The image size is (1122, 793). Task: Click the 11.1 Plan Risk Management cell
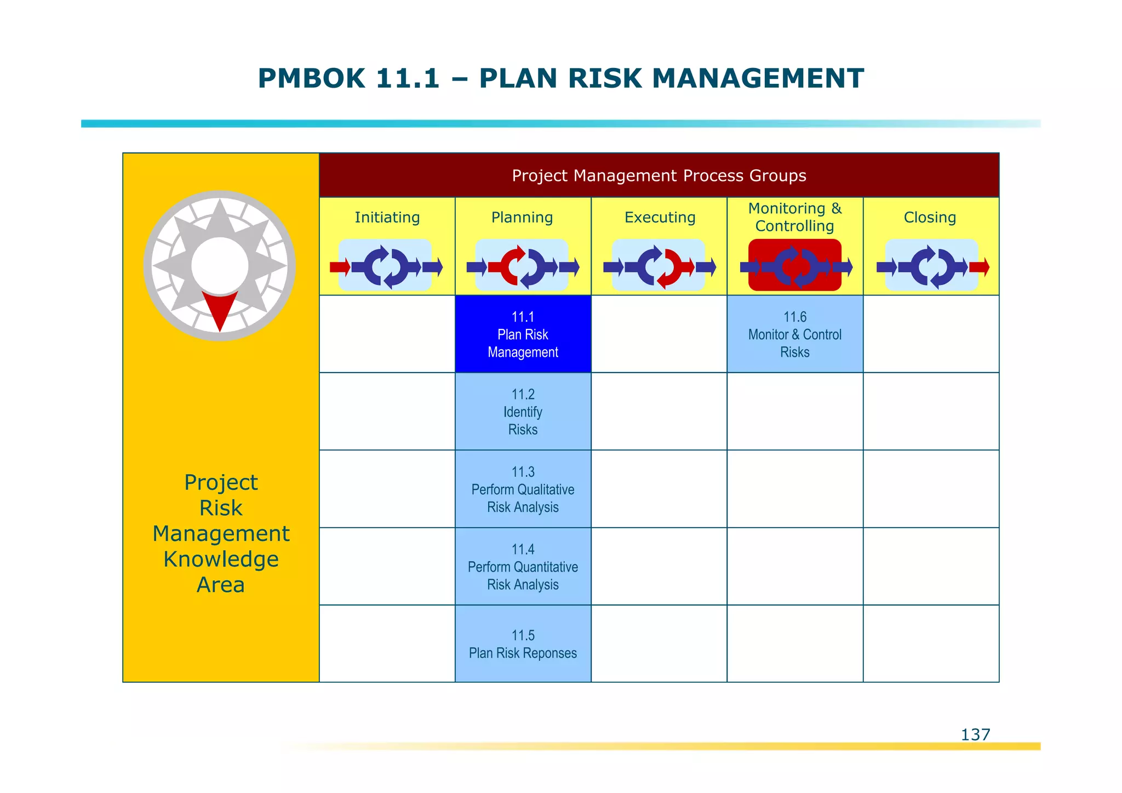pos(523,334)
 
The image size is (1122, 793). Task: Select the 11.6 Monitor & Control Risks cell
pos(794,334)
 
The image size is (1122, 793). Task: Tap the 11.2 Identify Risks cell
pos(523,412)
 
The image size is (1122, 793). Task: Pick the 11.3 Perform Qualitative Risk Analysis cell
pos(523,489)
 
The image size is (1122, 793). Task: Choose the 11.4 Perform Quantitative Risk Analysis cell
pos(523,567)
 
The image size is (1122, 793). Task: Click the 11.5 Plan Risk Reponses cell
pos(523,644)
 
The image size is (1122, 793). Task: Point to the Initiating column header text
pos(387,218)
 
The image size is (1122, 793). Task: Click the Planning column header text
pos(522,218)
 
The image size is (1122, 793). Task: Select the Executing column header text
pos(660,218)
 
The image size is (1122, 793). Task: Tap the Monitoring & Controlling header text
pos(794,217)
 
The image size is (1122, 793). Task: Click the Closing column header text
pos(930,218)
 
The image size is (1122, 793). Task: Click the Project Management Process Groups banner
pos(659,175)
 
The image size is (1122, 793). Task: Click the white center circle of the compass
pos(220,265)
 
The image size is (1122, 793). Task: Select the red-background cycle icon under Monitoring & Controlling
pos(794,266)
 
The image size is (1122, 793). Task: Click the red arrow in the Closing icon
pos(979,267)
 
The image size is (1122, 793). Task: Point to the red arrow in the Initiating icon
pos(340,267)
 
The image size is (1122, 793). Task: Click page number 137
pos(975,734)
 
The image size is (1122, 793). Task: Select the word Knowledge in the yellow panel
pos(221,560)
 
